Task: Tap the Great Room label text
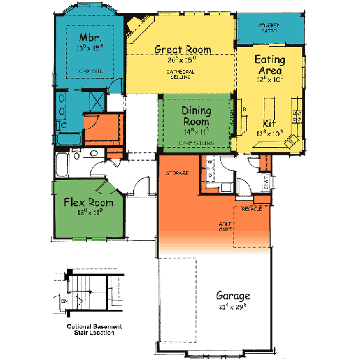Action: click(182, 49)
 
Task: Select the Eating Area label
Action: click(269, 65)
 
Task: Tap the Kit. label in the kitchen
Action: click(270, 124)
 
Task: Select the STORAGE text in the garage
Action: click(178, 173)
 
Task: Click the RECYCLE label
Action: click(251, 209)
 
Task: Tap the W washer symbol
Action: click(210, 162)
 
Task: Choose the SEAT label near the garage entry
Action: click(265, 187)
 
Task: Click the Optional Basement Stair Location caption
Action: click(94, 328)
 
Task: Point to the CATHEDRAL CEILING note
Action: click(181, 74)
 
